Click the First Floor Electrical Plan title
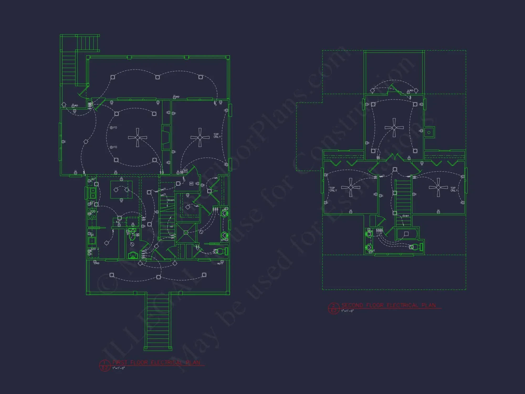(x=156, y=363)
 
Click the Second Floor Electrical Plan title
(x=388, y=305)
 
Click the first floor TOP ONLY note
(x=217, y=136)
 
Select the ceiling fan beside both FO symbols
(x=137, y=137)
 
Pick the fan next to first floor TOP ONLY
(x=200, y=137)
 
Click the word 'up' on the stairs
(x=171, y=226)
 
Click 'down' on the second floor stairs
(x=406, y=216)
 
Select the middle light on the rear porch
(x=157, y=77)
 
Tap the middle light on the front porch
(x=158, y=277)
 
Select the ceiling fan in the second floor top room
(x=394, y=128)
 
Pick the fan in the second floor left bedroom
(x=351, y=187)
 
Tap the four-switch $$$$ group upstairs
(x=379, y=230)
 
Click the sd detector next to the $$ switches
(x=185, y=171)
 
